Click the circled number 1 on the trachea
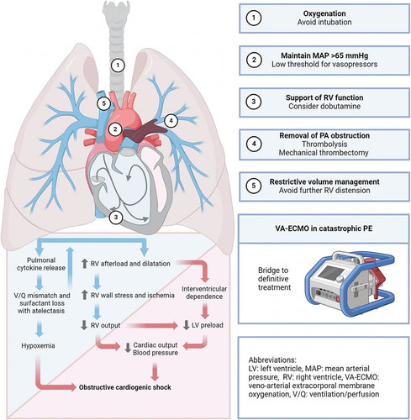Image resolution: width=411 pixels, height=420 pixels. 118,66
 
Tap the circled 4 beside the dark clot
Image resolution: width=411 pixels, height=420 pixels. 171,121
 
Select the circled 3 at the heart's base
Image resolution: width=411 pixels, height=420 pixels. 116,217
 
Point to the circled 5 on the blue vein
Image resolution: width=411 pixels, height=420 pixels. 104,103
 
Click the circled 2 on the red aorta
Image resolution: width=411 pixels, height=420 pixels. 115,129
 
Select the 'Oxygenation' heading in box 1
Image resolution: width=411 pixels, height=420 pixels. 324,13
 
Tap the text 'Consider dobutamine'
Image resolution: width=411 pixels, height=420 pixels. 324,107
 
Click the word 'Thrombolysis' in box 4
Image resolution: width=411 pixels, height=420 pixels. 324,144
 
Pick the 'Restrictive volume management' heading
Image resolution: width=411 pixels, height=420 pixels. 324,181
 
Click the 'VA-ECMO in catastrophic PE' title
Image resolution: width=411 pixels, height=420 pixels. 324,228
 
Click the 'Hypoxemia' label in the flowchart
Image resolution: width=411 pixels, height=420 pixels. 38,346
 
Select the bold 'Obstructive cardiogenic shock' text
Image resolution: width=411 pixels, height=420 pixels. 125,387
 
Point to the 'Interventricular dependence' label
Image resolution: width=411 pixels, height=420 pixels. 204,292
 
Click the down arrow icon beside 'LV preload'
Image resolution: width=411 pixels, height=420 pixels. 186,325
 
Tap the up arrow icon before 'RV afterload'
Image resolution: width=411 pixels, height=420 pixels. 85,264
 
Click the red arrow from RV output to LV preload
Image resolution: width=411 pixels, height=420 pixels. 151,326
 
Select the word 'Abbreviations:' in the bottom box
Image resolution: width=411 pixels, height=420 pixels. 272,360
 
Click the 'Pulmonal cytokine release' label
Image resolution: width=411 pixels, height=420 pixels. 41,264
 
